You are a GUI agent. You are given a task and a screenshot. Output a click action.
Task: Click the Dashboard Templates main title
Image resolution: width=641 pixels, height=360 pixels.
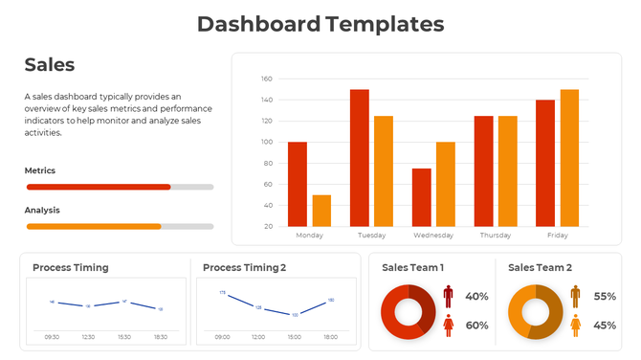click(x=320, y=24)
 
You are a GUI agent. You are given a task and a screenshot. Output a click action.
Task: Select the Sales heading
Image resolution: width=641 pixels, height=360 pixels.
click(x=50, y=65)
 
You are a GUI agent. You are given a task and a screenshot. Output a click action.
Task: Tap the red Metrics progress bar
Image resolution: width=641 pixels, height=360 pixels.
click(x=99, y=187)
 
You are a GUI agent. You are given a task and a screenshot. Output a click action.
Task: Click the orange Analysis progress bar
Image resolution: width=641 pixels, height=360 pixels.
click(x=94, y=226)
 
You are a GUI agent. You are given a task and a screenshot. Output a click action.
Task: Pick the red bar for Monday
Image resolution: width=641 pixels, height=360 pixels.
click(x=298, y=184)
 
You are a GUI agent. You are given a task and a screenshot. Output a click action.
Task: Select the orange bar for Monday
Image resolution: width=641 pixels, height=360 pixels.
click(x=321, y=211)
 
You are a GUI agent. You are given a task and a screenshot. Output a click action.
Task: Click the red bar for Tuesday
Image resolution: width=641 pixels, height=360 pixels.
click(x=360, y=158)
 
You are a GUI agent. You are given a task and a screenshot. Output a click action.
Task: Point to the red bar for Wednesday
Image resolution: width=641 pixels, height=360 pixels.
click(x=422, y=197)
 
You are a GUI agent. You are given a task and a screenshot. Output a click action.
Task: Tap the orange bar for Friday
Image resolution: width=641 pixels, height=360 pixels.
click(x=569, y=158)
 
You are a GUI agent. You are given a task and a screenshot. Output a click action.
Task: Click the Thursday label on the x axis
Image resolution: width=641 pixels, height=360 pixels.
click(x=495, y=236)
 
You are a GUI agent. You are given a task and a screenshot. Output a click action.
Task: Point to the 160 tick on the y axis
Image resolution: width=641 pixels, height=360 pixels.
click(x=267, y=79)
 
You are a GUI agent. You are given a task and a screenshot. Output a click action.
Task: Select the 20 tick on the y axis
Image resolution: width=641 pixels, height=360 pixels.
click(x=268, y=226)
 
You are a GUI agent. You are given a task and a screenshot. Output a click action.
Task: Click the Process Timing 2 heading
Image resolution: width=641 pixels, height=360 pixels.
click(x=244, y=268)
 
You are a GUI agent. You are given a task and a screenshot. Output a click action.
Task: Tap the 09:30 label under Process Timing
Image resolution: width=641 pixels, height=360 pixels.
click(x=52, y=337)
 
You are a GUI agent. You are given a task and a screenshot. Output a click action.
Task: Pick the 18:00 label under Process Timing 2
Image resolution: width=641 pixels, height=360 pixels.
click(x=330, y=337)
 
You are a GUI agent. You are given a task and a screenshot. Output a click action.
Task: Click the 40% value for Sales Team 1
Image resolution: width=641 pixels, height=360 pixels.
click(x=476, y=297)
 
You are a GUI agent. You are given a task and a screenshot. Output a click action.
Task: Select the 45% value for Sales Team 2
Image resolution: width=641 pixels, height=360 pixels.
click(x=605, y=326)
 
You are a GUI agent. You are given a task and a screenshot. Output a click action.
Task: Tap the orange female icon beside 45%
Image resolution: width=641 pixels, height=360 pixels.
click(x=575, y=326)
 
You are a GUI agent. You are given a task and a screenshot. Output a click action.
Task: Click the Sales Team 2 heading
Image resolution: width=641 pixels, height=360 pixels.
click(x=540, y=268)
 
